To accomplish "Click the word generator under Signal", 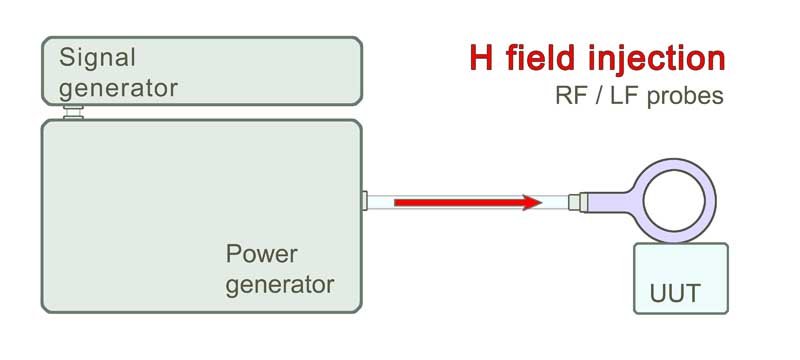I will coord(118,87).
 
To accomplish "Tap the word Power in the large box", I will coord(261,252).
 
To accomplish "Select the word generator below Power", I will coord(279,284).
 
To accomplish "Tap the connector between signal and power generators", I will coord(72,112).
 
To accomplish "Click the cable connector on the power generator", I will coord(365,203).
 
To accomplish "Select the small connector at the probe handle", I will coord(574,203).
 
